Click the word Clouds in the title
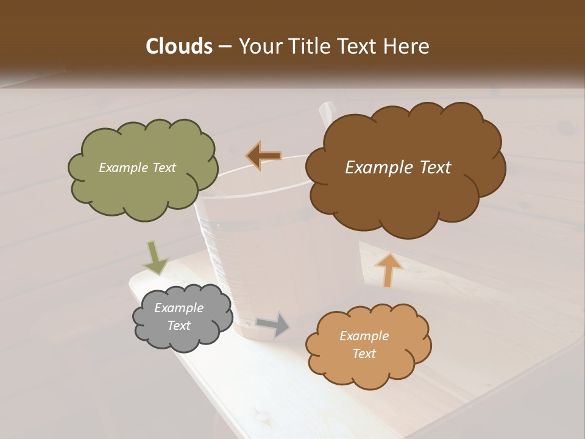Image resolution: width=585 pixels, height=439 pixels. pos(179,46)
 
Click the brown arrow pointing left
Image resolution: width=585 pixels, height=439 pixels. pos(263,155)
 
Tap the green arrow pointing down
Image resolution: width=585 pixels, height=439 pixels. pos(155,257)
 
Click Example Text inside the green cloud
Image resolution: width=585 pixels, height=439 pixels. pos(137,168)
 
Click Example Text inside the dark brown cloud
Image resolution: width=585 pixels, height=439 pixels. pos(398,168)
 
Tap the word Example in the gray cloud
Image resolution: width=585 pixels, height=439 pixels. pos(179,308)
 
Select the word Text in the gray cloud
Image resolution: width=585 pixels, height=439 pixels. pos(179,326)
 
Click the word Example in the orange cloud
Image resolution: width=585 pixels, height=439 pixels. pos(364,336)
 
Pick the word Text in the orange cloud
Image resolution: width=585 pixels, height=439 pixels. pos(364,354)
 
